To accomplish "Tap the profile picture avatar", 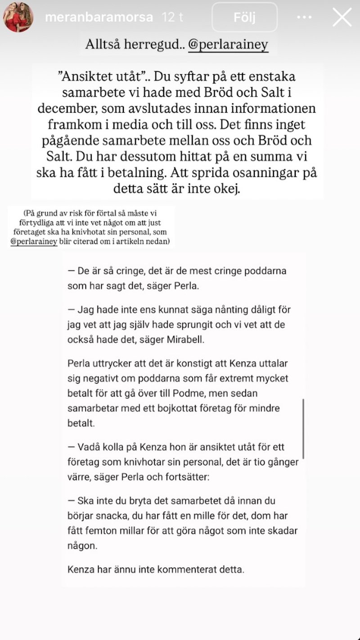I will coord(18,17).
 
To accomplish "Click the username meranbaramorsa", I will coord(99,18).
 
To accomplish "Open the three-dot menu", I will coord(305,18).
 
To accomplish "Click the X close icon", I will coord(342,17).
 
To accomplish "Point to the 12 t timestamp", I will coord(174,18).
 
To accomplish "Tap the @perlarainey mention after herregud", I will coord(228,45).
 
